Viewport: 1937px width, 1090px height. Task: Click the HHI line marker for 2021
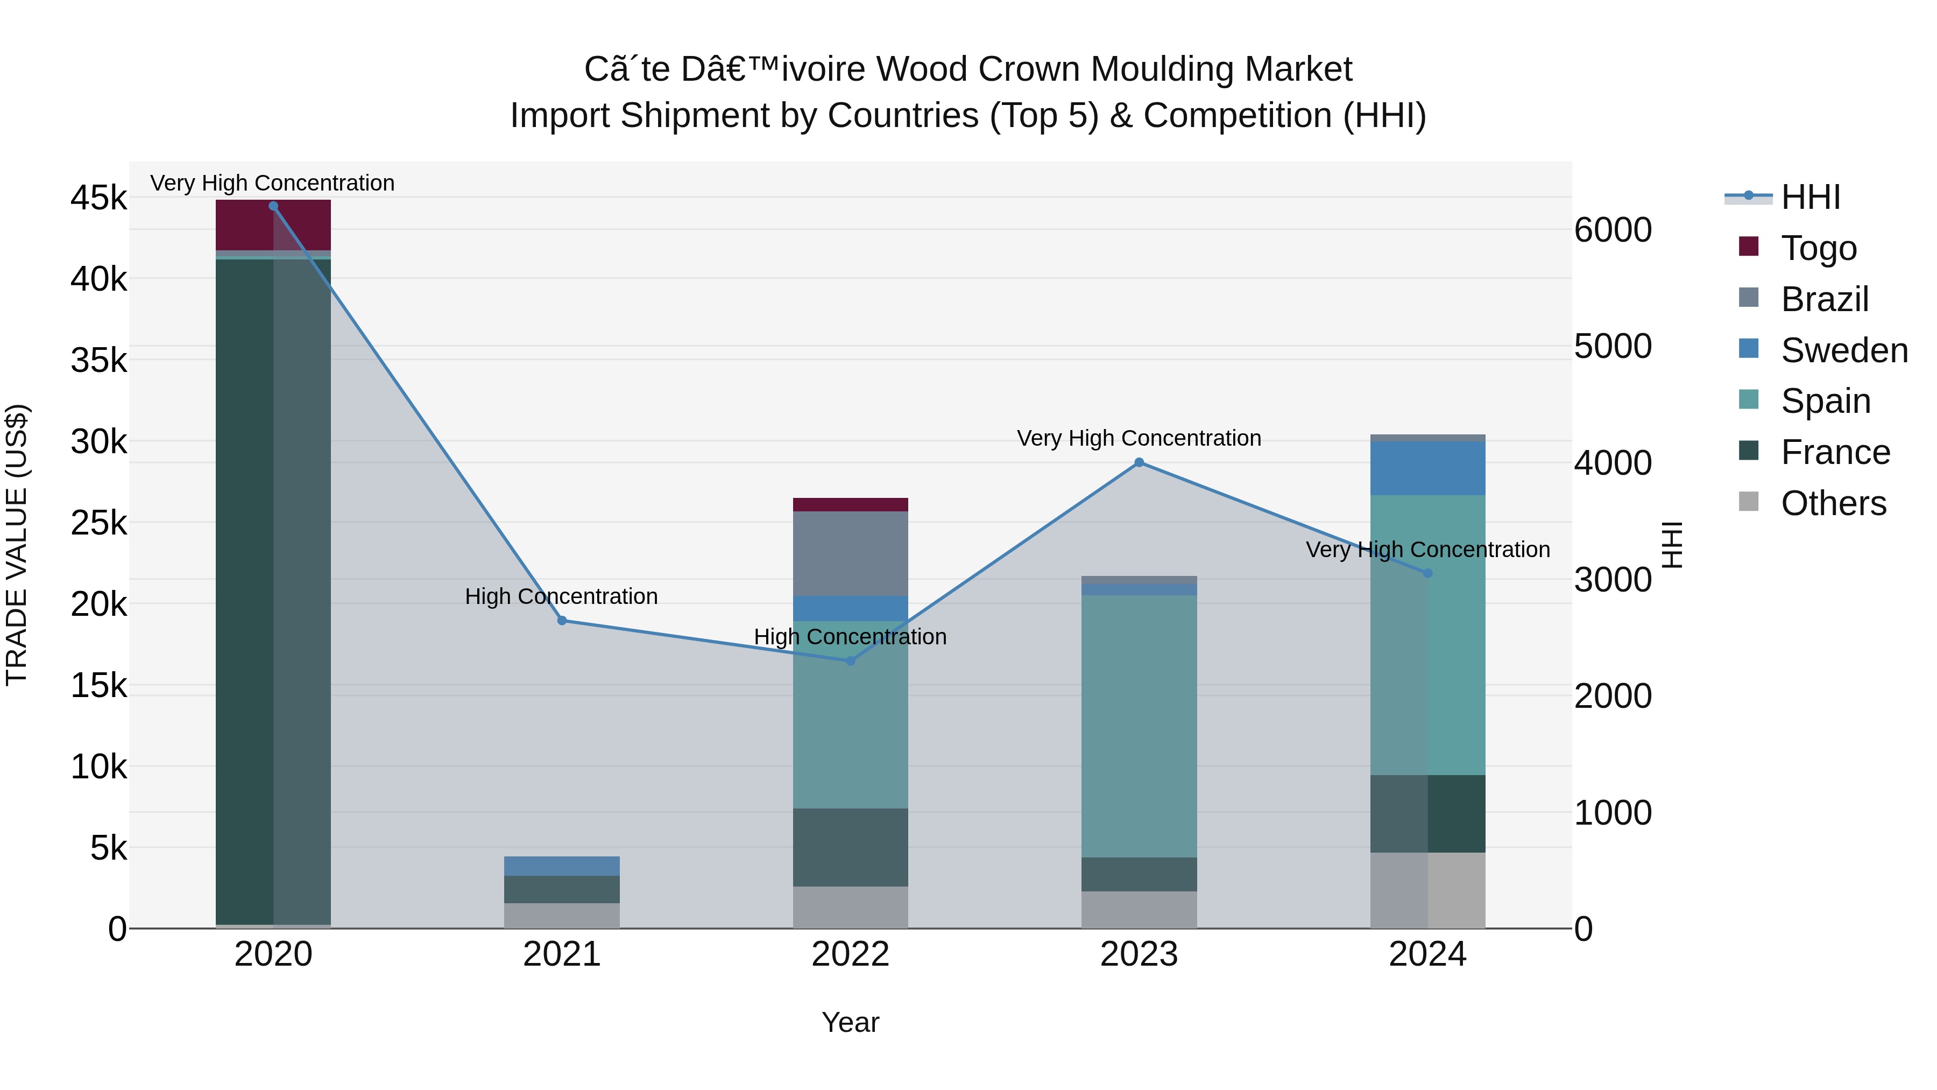(562, 621)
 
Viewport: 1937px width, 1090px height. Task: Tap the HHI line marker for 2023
(1139, 462)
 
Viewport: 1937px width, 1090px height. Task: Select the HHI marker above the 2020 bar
(273, 206)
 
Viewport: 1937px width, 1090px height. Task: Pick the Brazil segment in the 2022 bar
(851, 554)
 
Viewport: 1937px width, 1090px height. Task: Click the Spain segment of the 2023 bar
(1139, 726)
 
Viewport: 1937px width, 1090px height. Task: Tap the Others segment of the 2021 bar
(562, 916)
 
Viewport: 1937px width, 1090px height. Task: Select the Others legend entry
(1833, 503)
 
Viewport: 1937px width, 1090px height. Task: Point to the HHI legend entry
(1810, 197)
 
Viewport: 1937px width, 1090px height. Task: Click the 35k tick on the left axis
(98, 360)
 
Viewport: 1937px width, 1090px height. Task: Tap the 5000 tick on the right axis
(1613, 346)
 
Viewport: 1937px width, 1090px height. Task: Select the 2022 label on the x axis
(851, 954)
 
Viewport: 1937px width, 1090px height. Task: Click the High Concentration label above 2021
(561, 596)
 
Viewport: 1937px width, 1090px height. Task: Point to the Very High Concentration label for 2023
(1139, 439)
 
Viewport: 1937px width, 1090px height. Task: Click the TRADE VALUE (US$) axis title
(17, 545)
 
